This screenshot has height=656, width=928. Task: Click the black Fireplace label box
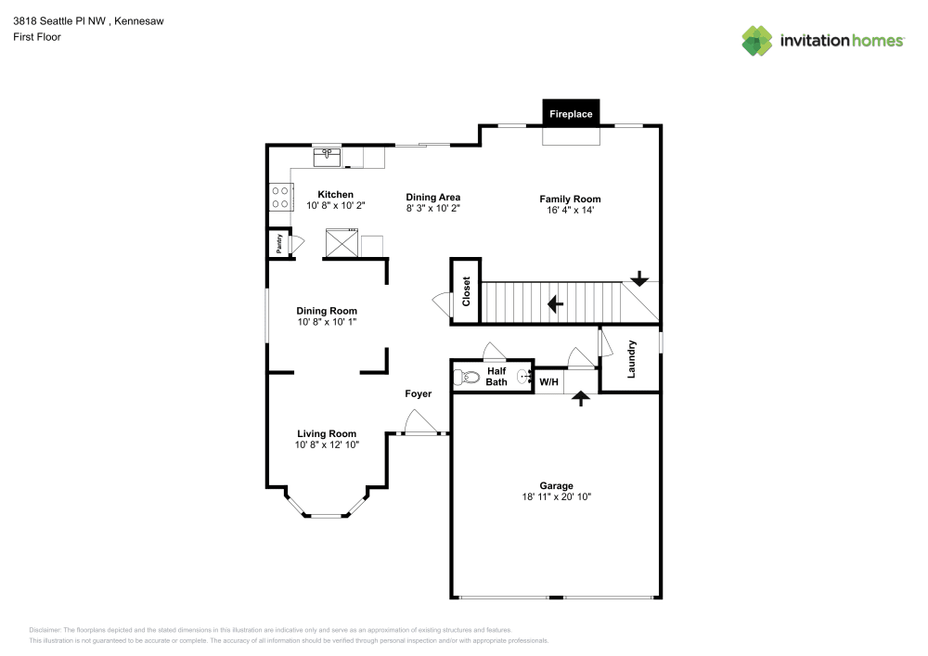571,112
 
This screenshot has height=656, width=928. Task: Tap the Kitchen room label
336,195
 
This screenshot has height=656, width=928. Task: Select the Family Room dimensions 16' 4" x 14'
571,210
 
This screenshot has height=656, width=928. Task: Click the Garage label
556,485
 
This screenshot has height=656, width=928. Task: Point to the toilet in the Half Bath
467,376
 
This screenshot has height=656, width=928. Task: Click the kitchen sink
327,158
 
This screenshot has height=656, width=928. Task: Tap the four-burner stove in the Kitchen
280,198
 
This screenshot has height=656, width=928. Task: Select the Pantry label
279,244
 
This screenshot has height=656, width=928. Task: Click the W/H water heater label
548,382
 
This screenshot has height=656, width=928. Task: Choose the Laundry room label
631,359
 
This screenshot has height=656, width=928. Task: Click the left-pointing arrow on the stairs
555,304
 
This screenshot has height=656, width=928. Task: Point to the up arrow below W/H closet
581,399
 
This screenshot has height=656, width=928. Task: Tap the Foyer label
419,394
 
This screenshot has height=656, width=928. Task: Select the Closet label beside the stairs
467,291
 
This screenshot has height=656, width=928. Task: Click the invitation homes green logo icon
757,41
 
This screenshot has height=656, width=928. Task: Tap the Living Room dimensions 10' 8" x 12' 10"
327,444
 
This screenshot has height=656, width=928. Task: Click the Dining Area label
433,198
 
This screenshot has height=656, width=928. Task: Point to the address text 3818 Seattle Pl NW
59,21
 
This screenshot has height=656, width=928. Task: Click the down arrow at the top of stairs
639,278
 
